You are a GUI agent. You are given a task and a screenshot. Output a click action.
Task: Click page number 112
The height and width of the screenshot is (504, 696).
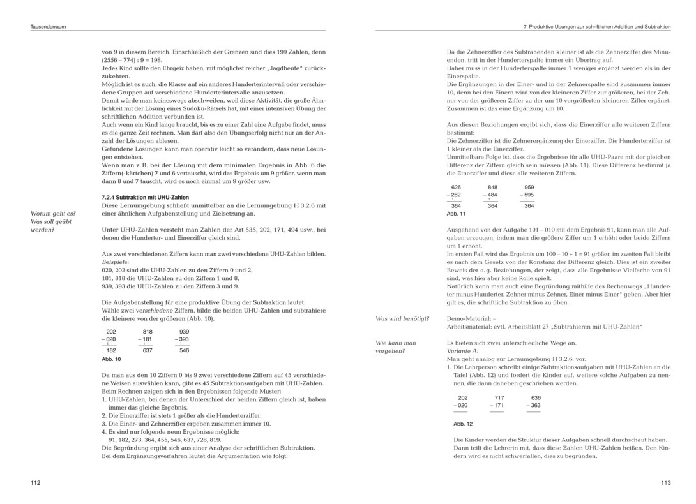point(35,483)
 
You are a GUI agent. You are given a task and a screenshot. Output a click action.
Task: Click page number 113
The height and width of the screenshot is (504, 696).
point(665,483)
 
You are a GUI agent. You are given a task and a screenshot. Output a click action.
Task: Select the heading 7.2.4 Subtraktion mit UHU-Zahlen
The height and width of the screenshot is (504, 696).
point(145,197)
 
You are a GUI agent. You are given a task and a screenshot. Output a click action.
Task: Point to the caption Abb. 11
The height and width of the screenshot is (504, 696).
point(456,214)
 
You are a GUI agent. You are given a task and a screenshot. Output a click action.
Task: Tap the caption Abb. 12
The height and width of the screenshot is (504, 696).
point(463,423)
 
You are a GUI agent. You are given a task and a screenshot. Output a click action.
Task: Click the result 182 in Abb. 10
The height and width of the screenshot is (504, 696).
point(111,350)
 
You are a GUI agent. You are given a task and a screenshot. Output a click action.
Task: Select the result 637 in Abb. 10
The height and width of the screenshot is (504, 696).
point(148,350)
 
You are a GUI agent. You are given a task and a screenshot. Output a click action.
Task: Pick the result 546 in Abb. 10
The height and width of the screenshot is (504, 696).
point(184,350)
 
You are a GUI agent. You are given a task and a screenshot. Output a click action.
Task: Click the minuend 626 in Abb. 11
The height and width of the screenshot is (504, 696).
point(456,188)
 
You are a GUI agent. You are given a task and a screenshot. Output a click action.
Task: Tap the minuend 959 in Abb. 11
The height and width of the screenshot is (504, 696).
point(529,188)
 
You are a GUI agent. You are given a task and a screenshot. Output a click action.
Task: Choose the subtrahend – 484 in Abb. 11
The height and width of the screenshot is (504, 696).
point(490,195)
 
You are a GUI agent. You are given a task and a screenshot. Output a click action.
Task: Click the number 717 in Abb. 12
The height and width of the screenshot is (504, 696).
point(499,397)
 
